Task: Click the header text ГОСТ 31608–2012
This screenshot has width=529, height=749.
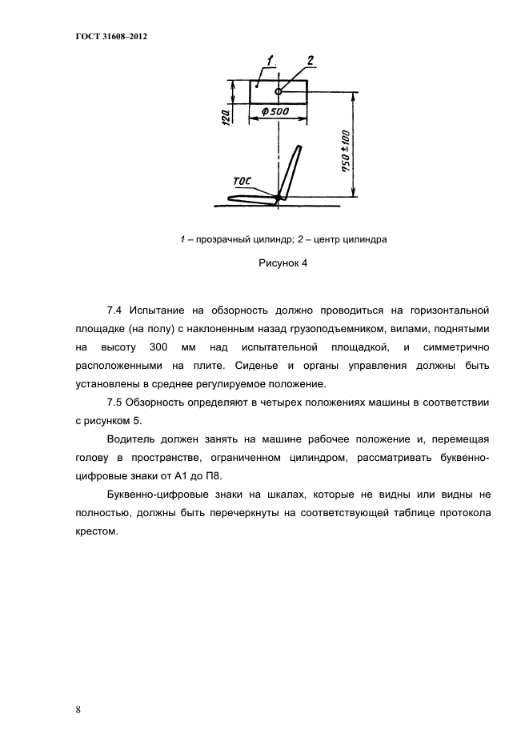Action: click(99, 38)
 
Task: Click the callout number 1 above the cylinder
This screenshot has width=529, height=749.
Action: click(271, 60)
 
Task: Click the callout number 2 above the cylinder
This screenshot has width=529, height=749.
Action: click(309, 60)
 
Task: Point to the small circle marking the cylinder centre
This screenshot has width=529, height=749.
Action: click(279, 90)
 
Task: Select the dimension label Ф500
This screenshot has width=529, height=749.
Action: click(275, 113)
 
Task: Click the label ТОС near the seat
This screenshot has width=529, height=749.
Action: click(241, 181)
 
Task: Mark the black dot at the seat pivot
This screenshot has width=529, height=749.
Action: click(279, 198)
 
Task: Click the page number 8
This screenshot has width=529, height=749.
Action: click(79, 711)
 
